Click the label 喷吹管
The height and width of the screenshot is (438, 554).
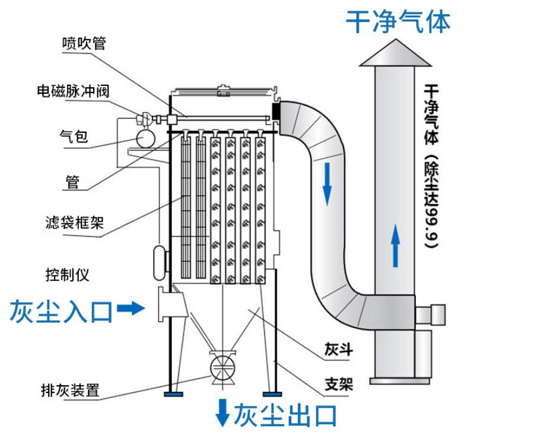[84, 44]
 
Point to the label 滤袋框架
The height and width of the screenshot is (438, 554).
[75, 223]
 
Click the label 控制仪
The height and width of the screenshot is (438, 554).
[66, 275]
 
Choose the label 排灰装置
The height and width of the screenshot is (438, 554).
[69, 391]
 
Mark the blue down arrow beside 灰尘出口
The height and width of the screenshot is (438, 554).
[222, 413]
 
